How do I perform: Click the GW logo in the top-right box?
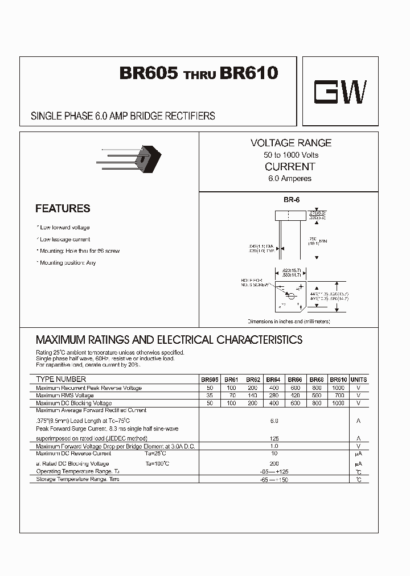click(341, 92)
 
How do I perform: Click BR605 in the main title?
click(149, 73)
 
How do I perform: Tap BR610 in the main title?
click(249, 73)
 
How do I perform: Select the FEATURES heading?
click(63, 209)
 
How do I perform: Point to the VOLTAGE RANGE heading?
click(290, 143)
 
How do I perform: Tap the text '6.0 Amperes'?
click(290, 179)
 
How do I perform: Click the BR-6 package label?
click(292, 200)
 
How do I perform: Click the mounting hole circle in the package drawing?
click(290, 296)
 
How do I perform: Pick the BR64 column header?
click(273, 380)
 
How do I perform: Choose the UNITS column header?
click(359, 380)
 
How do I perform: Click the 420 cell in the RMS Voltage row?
click(295, 396)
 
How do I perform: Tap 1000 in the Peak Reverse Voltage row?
click(338, 388)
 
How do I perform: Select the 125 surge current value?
click(274, 438)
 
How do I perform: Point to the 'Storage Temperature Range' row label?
click(77, 479)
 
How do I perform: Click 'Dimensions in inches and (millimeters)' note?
click(289, 322)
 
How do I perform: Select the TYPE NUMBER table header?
click(61, 379)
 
